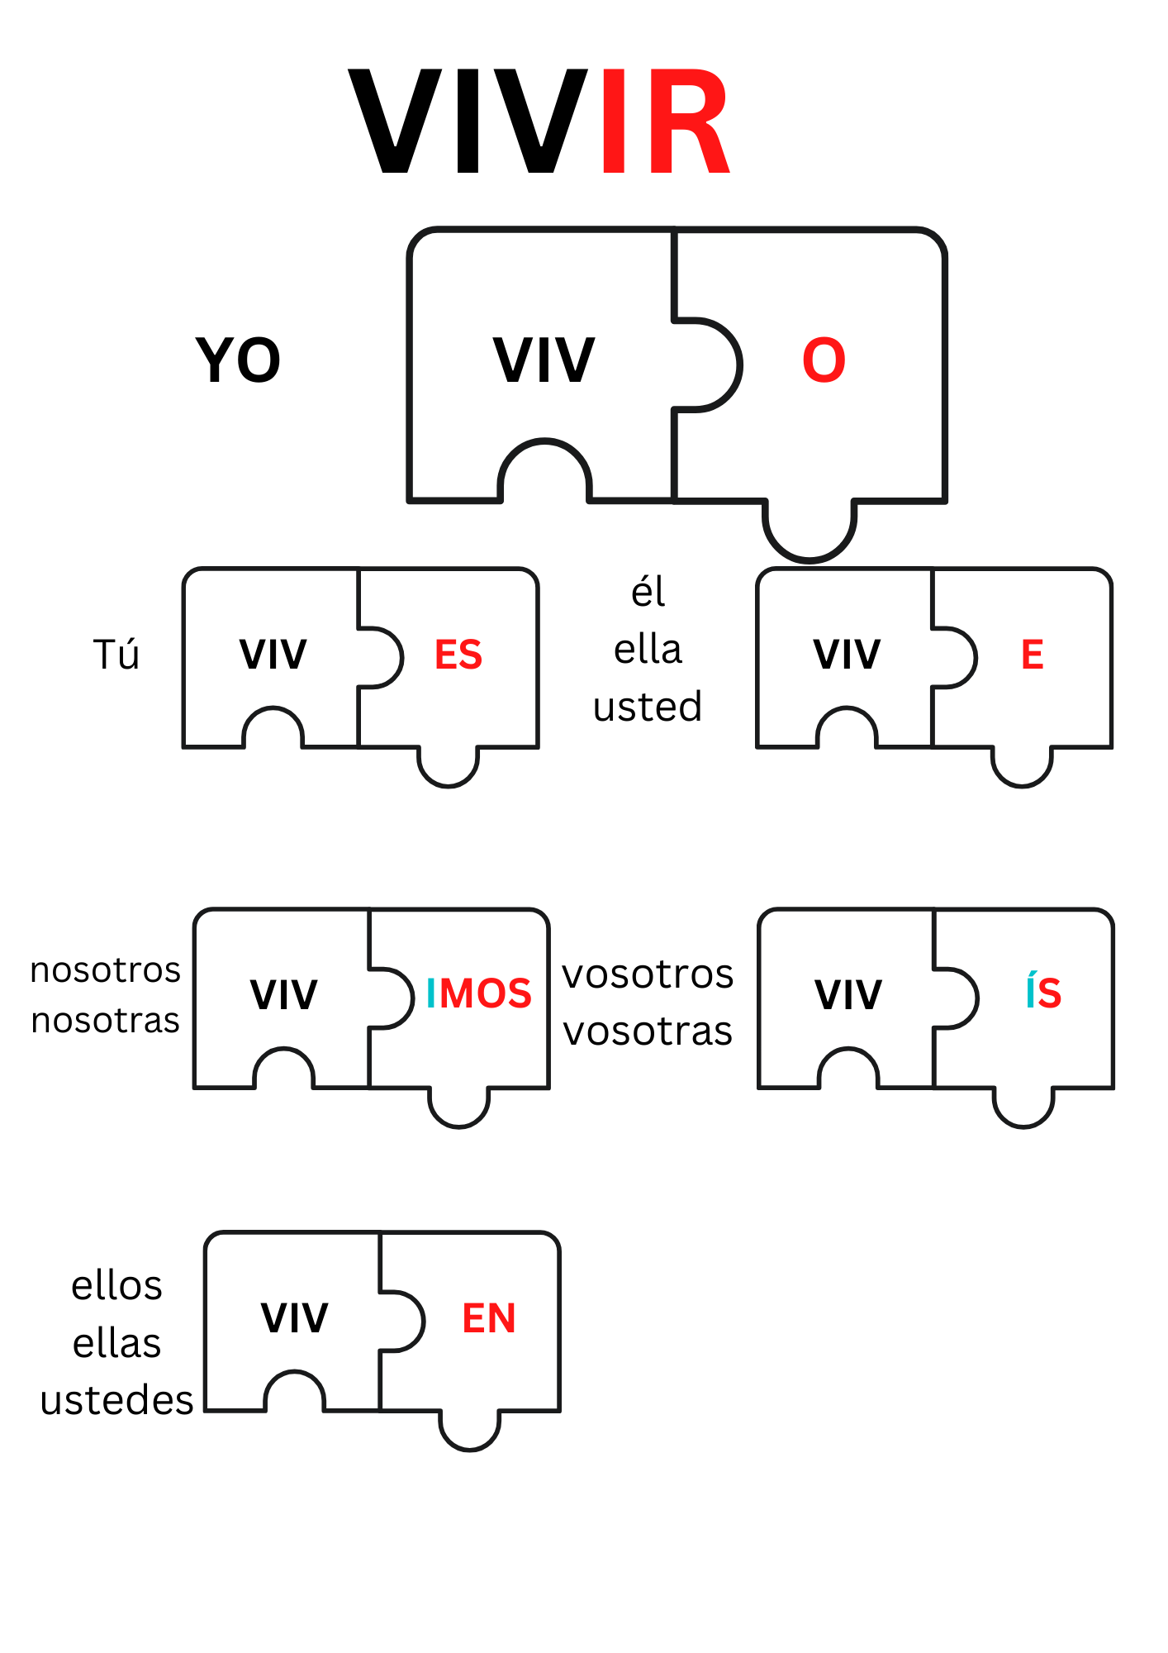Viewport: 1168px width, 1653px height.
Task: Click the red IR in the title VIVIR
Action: (665, 122)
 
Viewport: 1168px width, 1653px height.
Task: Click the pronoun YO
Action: (238, 360)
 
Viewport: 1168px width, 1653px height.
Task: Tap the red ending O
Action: (824, 360)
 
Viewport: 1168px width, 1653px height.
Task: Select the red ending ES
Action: (458, 655)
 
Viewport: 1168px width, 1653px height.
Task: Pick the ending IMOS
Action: (478, 993)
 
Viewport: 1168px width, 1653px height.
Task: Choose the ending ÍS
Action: (1043, 992)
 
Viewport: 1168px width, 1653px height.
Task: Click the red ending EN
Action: (489, 1317)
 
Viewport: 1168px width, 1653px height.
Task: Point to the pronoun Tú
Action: (116, 655)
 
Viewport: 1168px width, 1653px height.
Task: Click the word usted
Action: (648, 707)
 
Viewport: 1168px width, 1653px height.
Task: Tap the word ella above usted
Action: (648, 650)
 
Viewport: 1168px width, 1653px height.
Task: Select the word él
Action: (648, 592)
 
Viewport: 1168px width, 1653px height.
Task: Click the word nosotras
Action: (105, 1021)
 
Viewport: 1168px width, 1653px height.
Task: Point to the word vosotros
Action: (648, 974)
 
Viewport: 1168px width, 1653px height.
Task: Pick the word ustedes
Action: (116, 1400)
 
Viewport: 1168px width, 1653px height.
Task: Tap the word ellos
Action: (116, 1286)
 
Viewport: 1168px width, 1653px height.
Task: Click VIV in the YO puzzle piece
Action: (544, 360)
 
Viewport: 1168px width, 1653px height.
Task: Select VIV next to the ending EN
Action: (295, 1317)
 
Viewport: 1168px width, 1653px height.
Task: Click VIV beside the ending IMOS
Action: (283, 993)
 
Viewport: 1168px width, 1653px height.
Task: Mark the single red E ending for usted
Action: (1032, 655)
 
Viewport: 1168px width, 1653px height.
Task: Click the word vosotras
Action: (648, 1031)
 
